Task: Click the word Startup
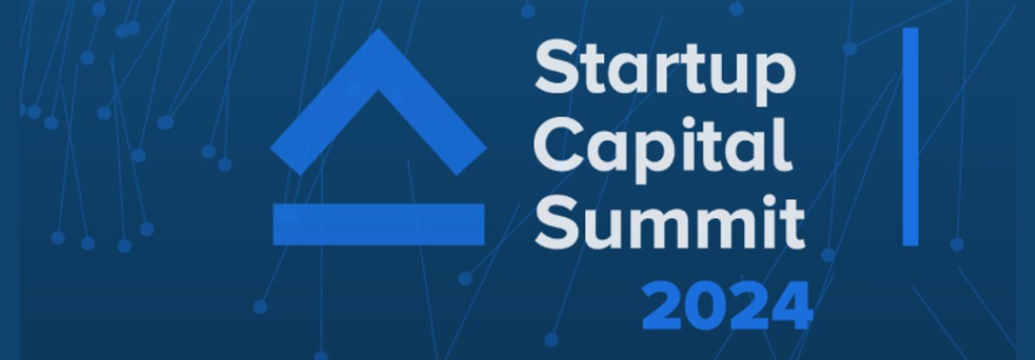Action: click(665, 71)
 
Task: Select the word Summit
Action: click(670, 222)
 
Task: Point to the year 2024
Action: click(726, 306)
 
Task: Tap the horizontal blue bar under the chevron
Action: click(378, 224)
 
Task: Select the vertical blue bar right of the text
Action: click(910, 137)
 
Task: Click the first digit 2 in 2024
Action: click(662, 306)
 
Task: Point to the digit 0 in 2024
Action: click(706, 306)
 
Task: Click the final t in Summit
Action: click(793, 225)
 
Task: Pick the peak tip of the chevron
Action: click(378, 30)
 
